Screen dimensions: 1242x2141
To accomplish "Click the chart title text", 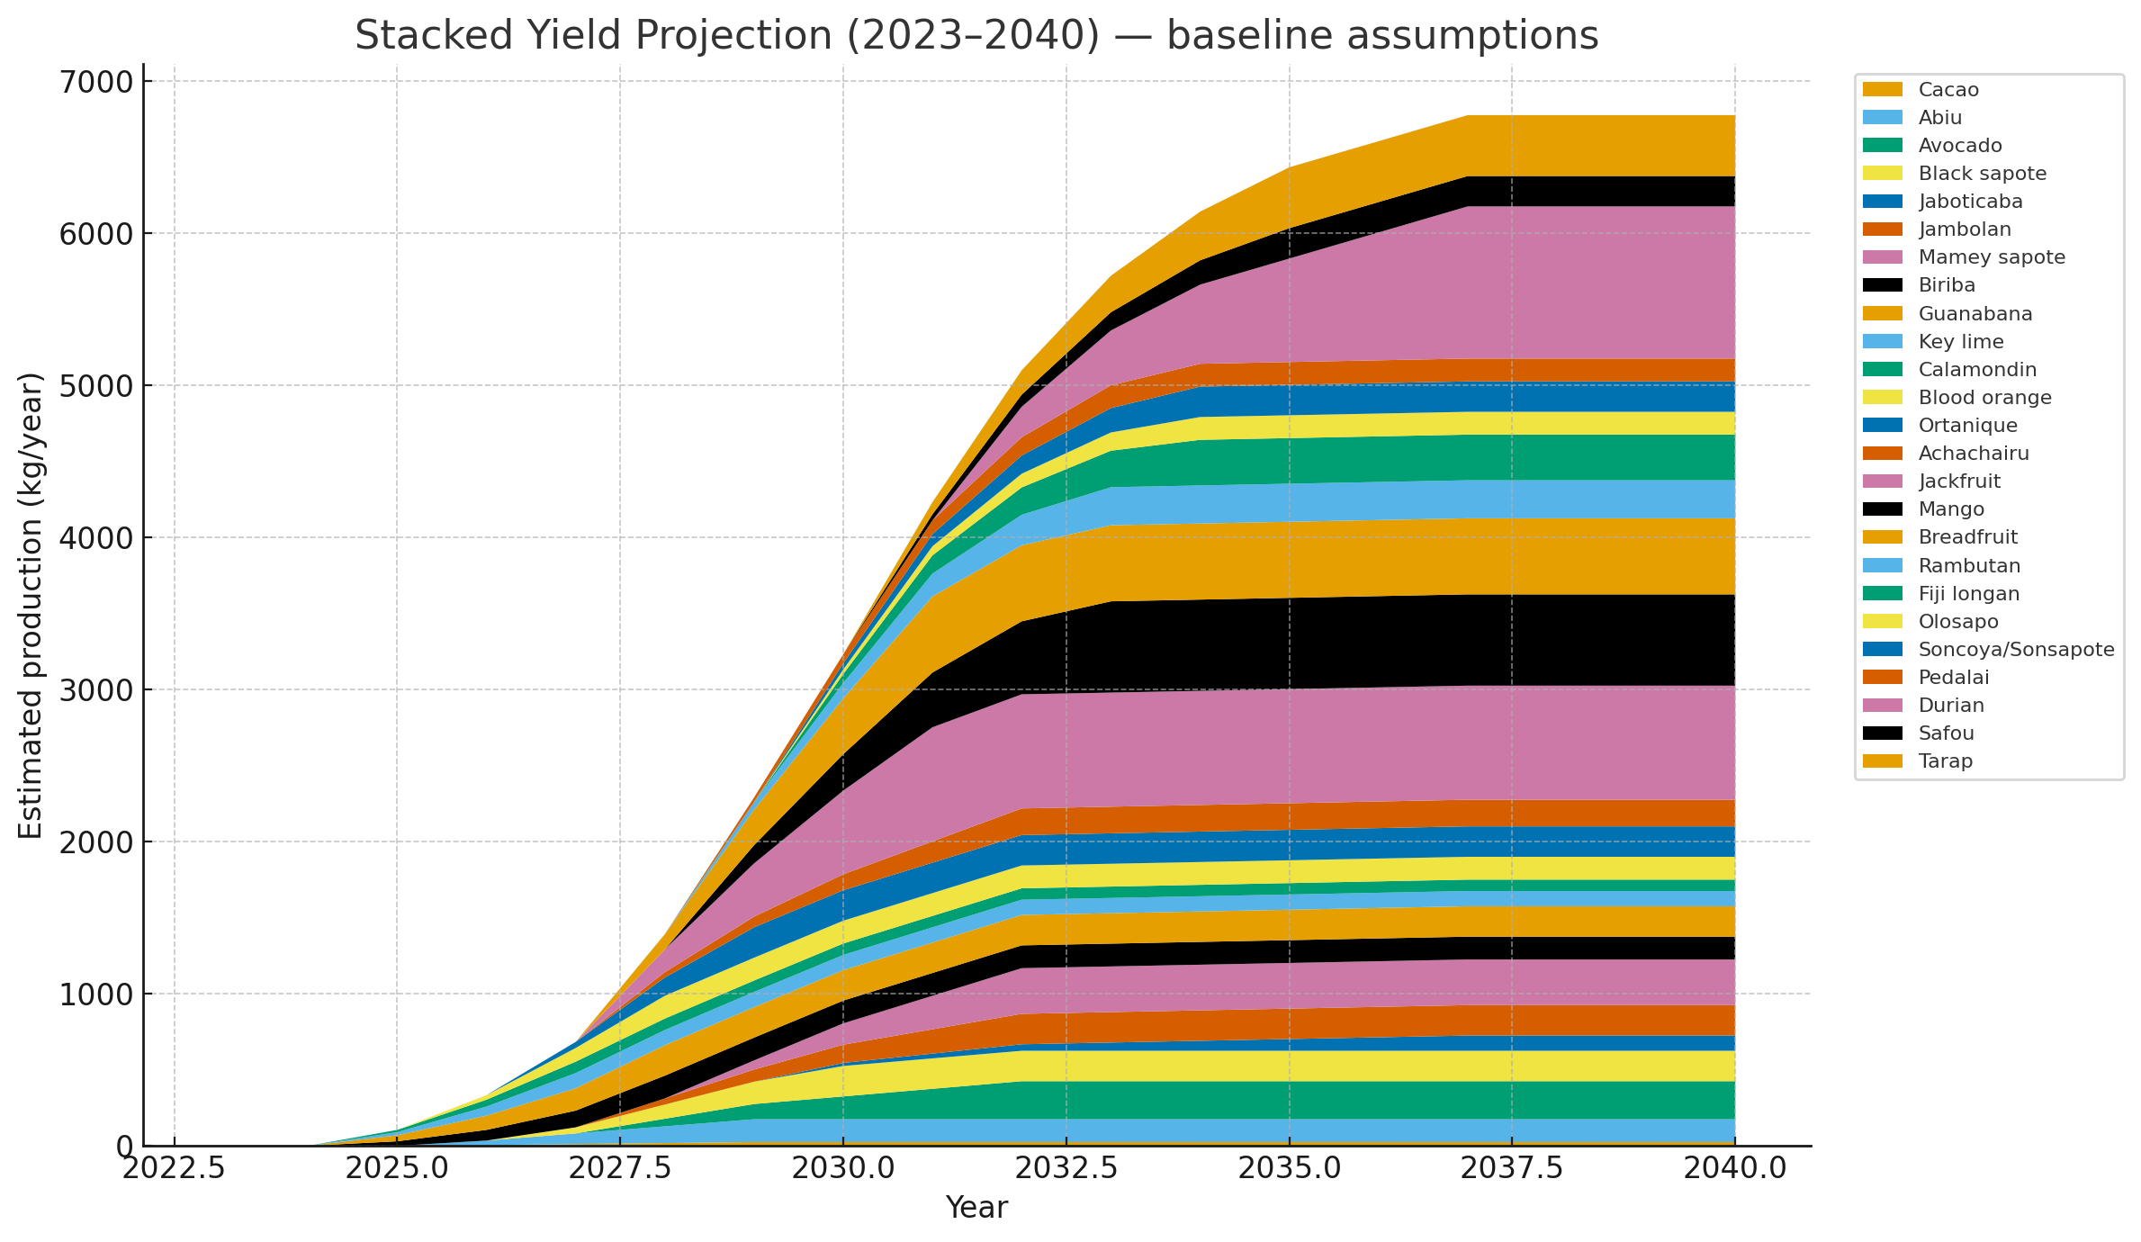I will point(976,36).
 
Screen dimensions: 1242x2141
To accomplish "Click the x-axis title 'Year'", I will point(976,1208).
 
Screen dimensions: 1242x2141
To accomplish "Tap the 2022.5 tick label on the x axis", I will point(174,1168).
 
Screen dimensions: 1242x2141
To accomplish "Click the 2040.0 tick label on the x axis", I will point(1734,1168).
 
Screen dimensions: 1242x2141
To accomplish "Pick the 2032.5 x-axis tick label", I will point(1066,1168).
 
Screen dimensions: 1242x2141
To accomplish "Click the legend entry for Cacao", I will point(1948,90).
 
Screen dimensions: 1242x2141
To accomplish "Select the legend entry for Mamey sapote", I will point(1991,257).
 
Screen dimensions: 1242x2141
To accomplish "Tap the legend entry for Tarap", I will point(1945,761).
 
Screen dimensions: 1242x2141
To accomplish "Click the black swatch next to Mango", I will point(1883,509).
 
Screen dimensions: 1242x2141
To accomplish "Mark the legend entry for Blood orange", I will point(1984,398).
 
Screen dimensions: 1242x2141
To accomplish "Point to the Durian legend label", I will point(1951,706).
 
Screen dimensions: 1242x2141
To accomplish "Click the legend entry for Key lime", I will point(1960,342).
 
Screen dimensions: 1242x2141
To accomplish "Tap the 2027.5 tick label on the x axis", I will point(619,1168).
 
